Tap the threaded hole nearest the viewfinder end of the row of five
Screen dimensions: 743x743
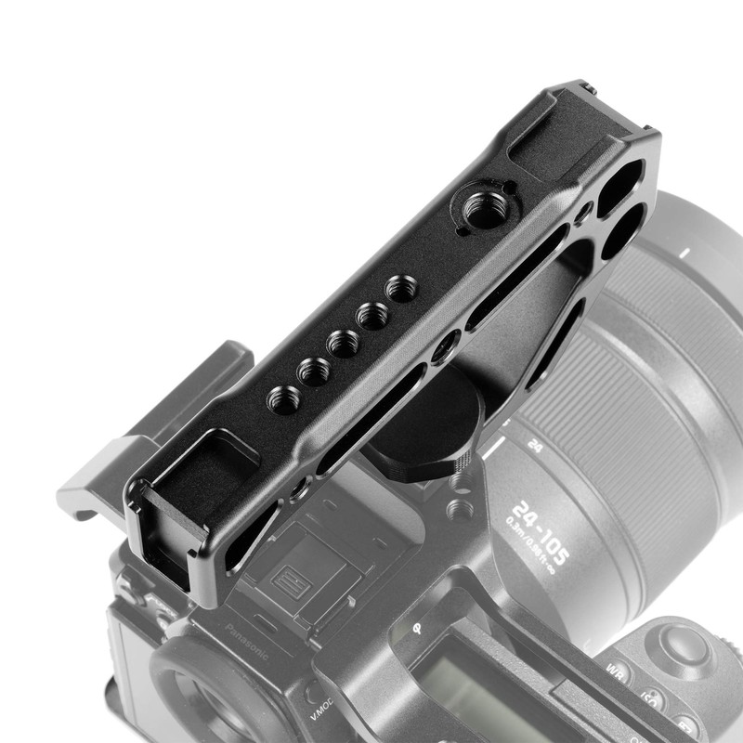[x=282, y=398]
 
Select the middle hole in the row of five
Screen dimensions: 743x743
[x=343, y=343]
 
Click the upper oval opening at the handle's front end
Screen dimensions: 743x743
[x=621, y=179]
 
